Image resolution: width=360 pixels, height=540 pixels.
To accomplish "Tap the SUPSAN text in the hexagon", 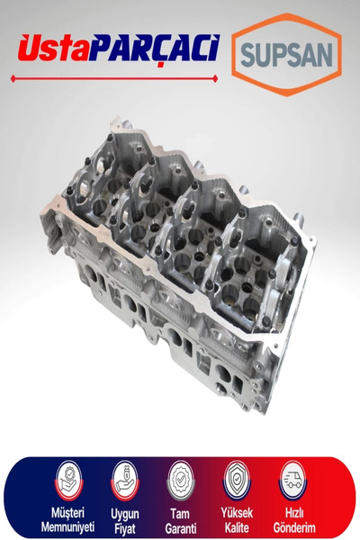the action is (286, 55).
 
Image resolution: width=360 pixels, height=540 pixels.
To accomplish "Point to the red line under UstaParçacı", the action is (114, 79).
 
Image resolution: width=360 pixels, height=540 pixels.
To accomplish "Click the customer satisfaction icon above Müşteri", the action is (69, 481).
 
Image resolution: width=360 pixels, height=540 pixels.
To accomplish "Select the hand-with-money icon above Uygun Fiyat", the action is (125, 481).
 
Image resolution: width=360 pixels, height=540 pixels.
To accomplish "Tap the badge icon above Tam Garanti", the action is (181, 481).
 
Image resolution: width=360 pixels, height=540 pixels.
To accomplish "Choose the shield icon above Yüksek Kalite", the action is (237, 481).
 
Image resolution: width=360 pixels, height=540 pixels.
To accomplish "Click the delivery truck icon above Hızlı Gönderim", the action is (292, 481).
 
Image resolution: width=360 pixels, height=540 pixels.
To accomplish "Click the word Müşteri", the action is (67, 513).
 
